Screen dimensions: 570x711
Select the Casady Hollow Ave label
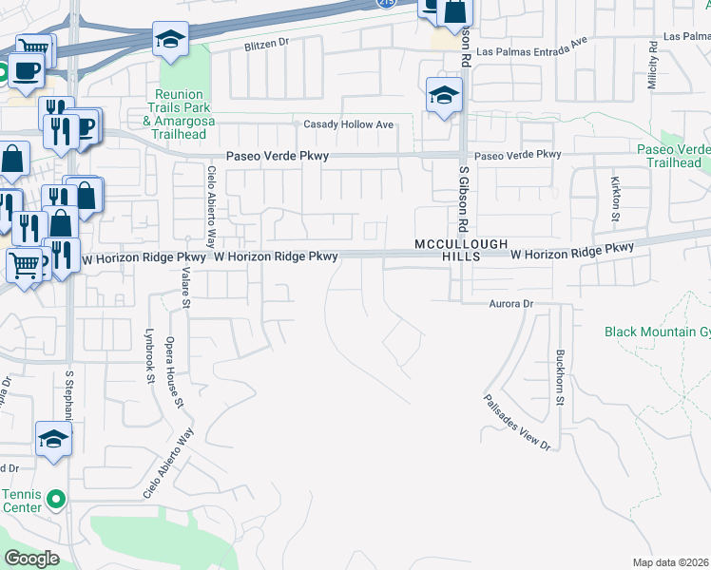click(348, 124)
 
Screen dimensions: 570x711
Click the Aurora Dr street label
click(513, 303)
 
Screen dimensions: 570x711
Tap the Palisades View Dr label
click(516, 423)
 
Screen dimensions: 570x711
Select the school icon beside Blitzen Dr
click(170, 38)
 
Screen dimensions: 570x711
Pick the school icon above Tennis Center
click(53, 439)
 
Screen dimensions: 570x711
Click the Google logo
click(31, 559)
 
